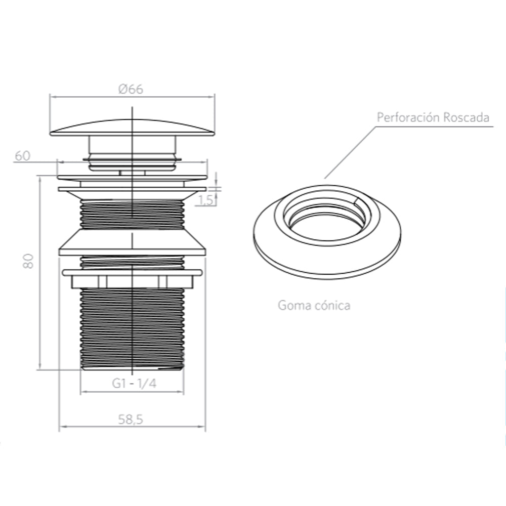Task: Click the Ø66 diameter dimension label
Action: [x=131, y=89]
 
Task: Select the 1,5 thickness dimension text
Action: [x=205, y=200]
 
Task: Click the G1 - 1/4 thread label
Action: [x=134, y=384]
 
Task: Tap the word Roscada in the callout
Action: [x=466, y=118]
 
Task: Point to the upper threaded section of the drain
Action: [x=132, y=215]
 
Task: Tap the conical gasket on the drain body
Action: [x=132, y=242]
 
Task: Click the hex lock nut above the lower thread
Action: [x=132, y=280]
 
